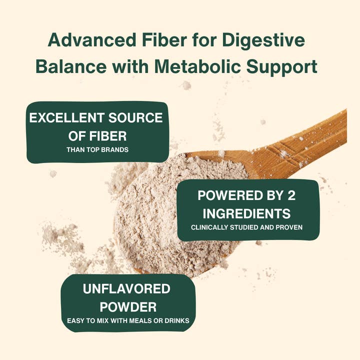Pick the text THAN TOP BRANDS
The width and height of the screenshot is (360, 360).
coord(97,149)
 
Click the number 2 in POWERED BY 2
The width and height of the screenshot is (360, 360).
coord(291,195)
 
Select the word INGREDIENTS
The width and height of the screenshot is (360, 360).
coord(247,213)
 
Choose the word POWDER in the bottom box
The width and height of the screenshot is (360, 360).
coord(128,306)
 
